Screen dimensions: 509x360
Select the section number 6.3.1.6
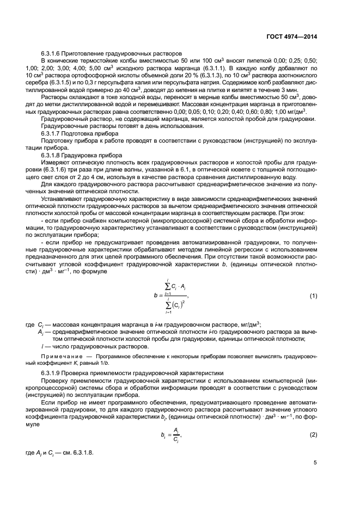(x=54, y=54)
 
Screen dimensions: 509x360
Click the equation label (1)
(x=313, y=296)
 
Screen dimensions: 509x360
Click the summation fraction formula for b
(x=172, y=297)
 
